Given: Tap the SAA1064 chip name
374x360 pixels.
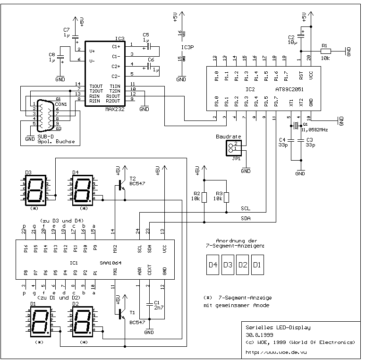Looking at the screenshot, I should click(109, 263).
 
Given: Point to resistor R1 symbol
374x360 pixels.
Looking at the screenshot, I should click(325, 51).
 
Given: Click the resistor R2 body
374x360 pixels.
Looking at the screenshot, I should click(204, 197).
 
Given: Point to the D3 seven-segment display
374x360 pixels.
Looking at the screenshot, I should click(35, 190).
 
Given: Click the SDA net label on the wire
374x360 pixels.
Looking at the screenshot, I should click(246, 218).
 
